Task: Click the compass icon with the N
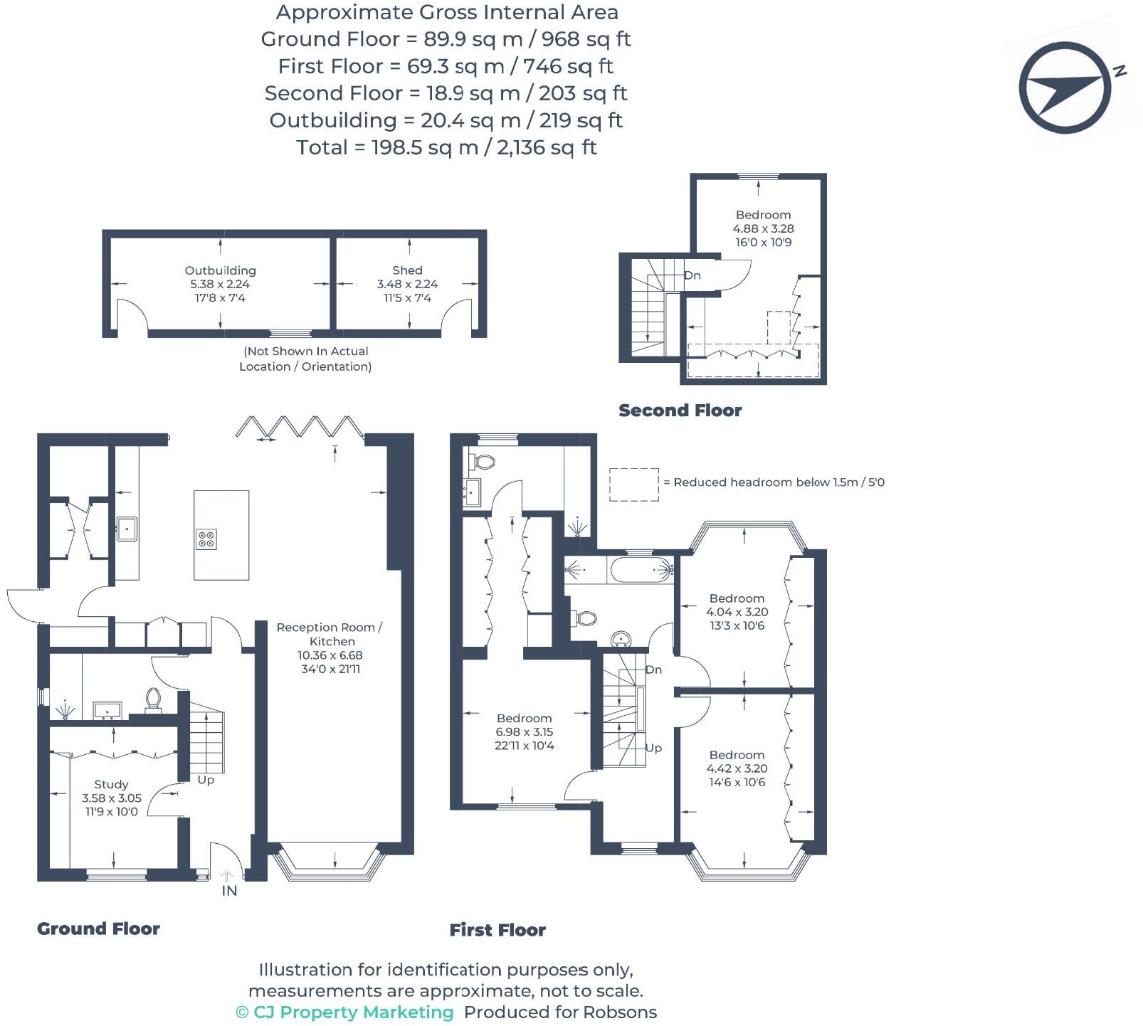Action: click(1065, 88)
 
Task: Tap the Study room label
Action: click(111, 784)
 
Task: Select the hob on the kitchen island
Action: click(206, 539)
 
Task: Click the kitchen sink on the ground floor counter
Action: click(127, 528)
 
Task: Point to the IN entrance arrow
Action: click(228, 877)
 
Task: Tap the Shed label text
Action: click(407, 270)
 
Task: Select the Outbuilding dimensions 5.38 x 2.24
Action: click(220, 284)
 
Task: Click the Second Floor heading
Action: click(680, 411)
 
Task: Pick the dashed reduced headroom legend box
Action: click(633, 484)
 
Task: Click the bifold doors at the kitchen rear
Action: click(300, 426)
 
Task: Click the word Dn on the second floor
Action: click(692, 275)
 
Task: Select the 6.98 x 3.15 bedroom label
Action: click(524, 731)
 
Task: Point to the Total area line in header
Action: click(446, 147)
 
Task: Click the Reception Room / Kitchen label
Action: click(329, 634)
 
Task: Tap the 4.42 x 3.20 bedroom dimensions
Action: click(737, 768)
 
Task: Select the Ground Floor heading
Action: click(98, 929)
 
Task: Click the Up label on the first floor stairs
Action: click(653, 748)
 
